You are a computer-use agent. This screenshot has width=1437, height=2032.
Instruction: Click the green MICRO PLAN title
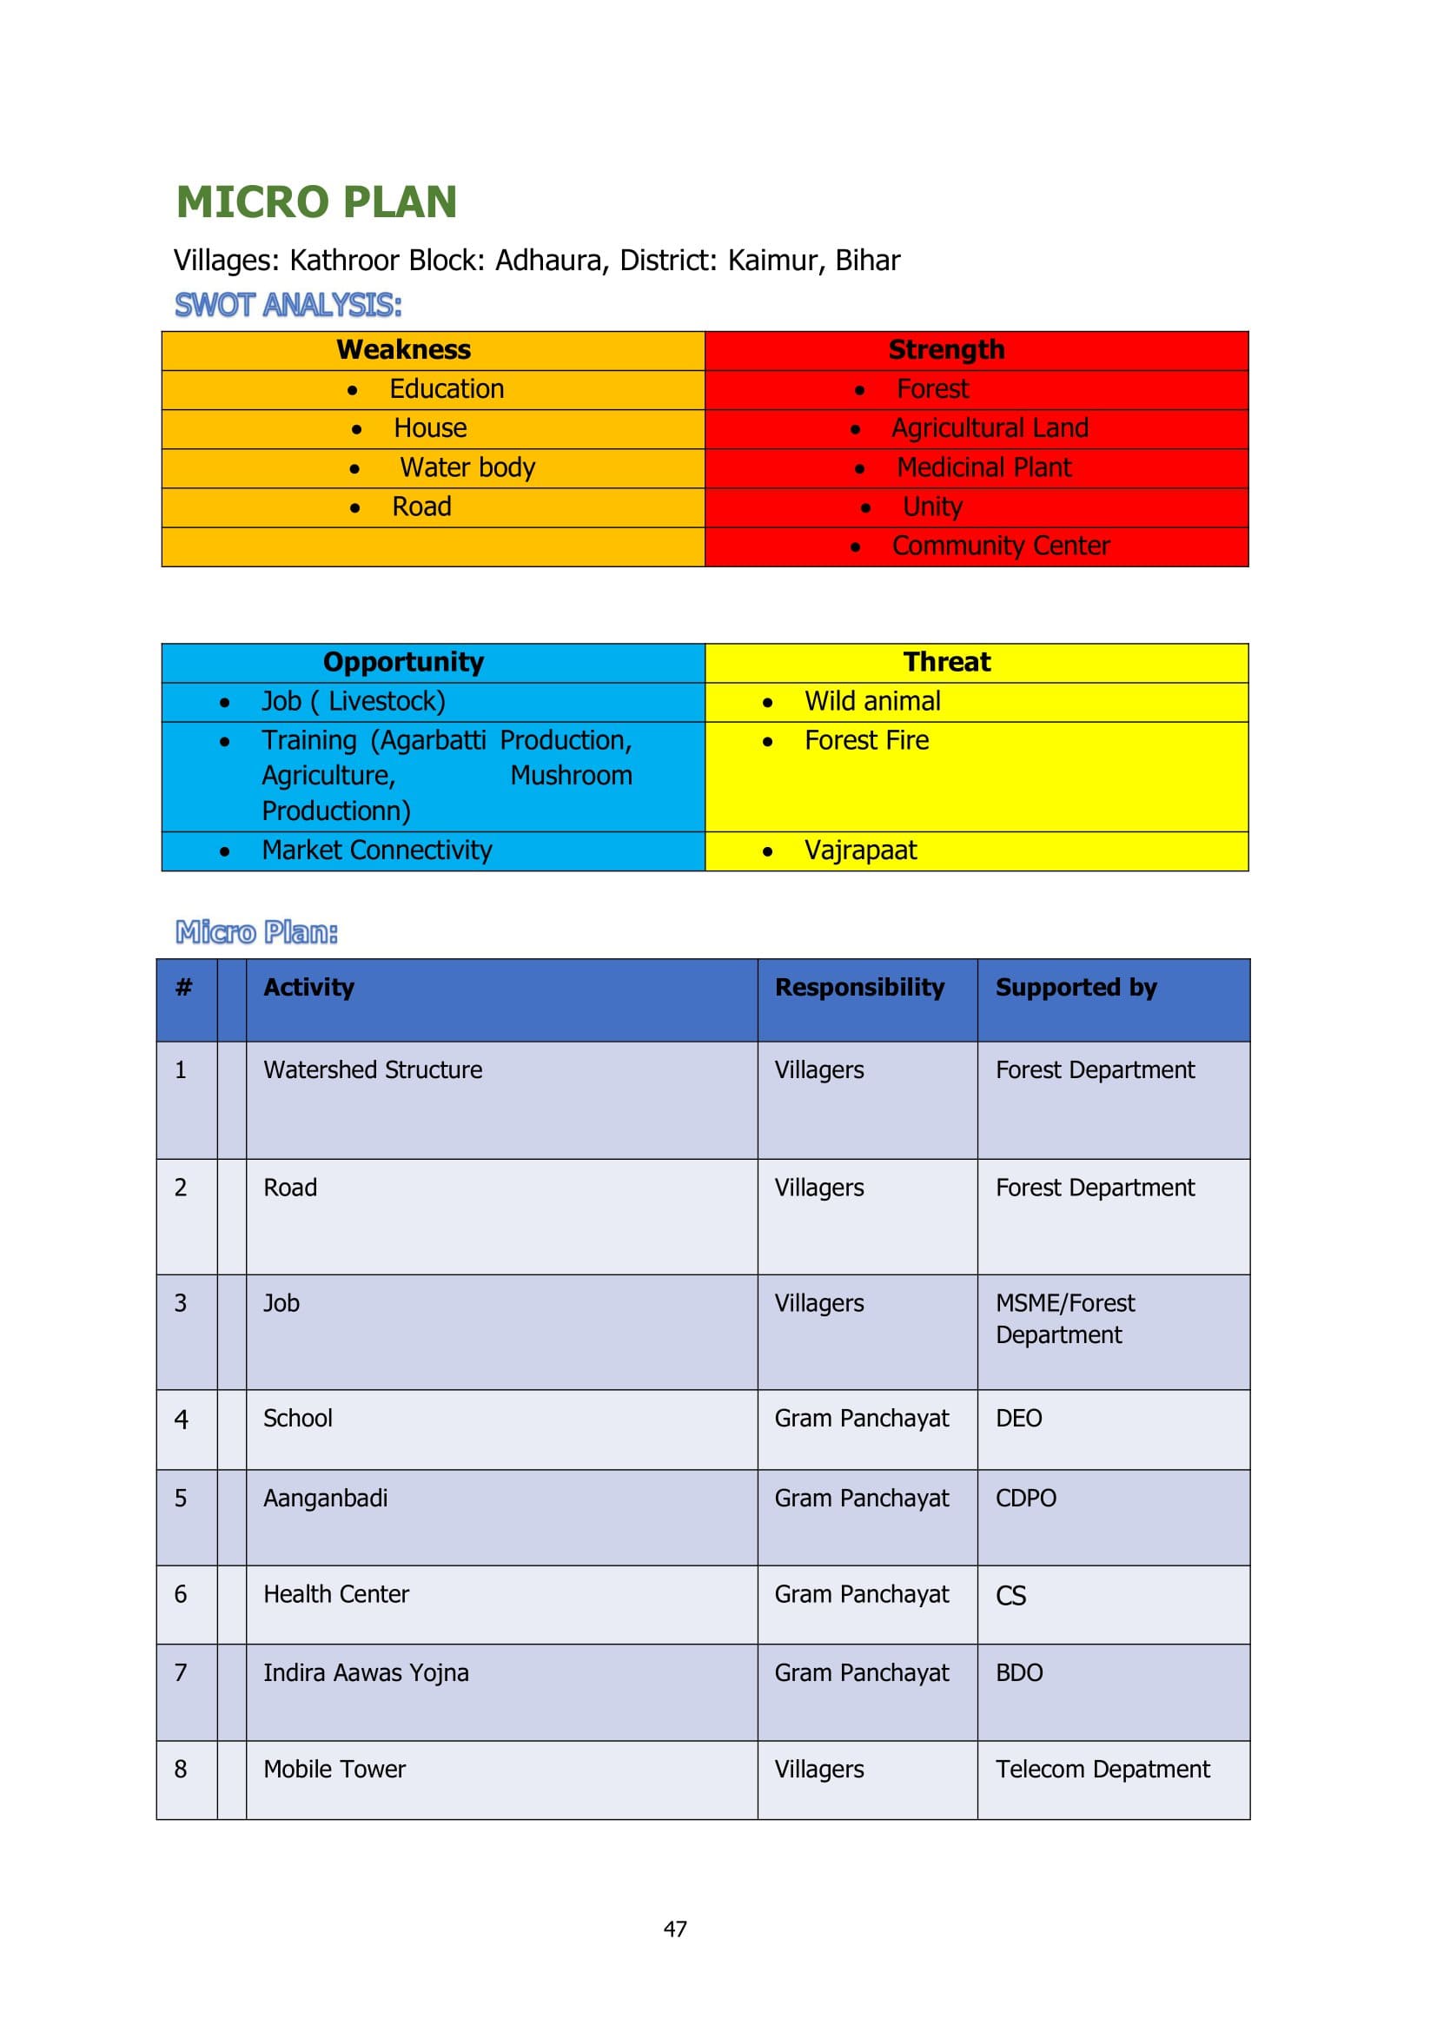click(x=316, y=202)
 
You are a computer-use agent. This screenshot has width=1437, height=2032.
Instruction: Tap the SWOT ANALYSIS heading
click(x=288, y=305)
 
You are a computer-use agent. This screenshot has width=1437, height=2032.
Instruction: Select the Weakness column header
click(x=403, y=349)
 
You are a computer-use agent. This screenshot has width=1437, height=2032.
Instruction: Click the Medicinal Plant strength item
click(x=983, y=467)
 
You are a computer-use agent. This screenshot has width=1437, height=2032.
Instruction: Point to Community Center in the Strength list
click(x=1000, y=546)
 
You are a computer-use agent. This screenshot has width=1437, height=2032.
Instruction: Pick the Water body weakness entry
click(x=467, y=467)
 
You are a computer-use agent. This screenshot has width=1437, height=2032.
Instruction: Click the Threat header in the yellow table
click(x=946, y=662)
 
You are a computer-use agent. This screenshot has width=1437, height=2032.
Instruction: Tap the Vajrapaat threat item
click(x=860, y=851)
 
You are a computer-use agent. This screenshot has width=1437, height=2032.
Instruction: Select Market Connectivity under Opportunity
click(x=376, y=851)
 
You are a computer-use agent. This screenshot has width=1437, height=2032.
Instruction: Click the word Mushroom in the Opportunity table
click(x=571, y=775)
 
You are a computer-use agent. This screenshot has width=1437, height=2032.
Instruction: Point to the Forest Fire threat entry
click(x=866, y=741)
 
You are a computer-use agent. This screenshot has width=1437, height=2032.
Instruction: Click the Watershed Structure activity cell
click(x=373, y=1070)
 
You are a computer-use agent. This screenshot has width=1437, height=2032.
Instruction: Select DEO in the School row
click(x=1018, y=1419)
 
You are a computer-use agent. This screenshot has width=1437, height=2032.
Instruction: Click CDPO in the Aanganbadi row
click(x=1025, y=1499)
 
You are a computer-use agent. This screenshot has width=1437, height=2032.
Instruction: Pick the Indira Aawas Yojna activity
click(x=366, y=1672)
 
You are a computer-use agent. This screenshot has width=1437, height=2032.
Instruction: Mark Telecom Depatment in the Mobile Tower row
click(x=1102, y=1769)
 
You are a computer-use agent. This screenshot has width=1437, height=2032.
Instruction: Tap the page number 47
click(x=675, y=1929)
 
